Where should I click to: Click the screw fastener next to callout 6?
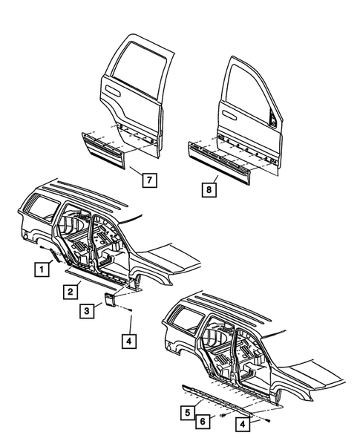click(222, 416)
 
